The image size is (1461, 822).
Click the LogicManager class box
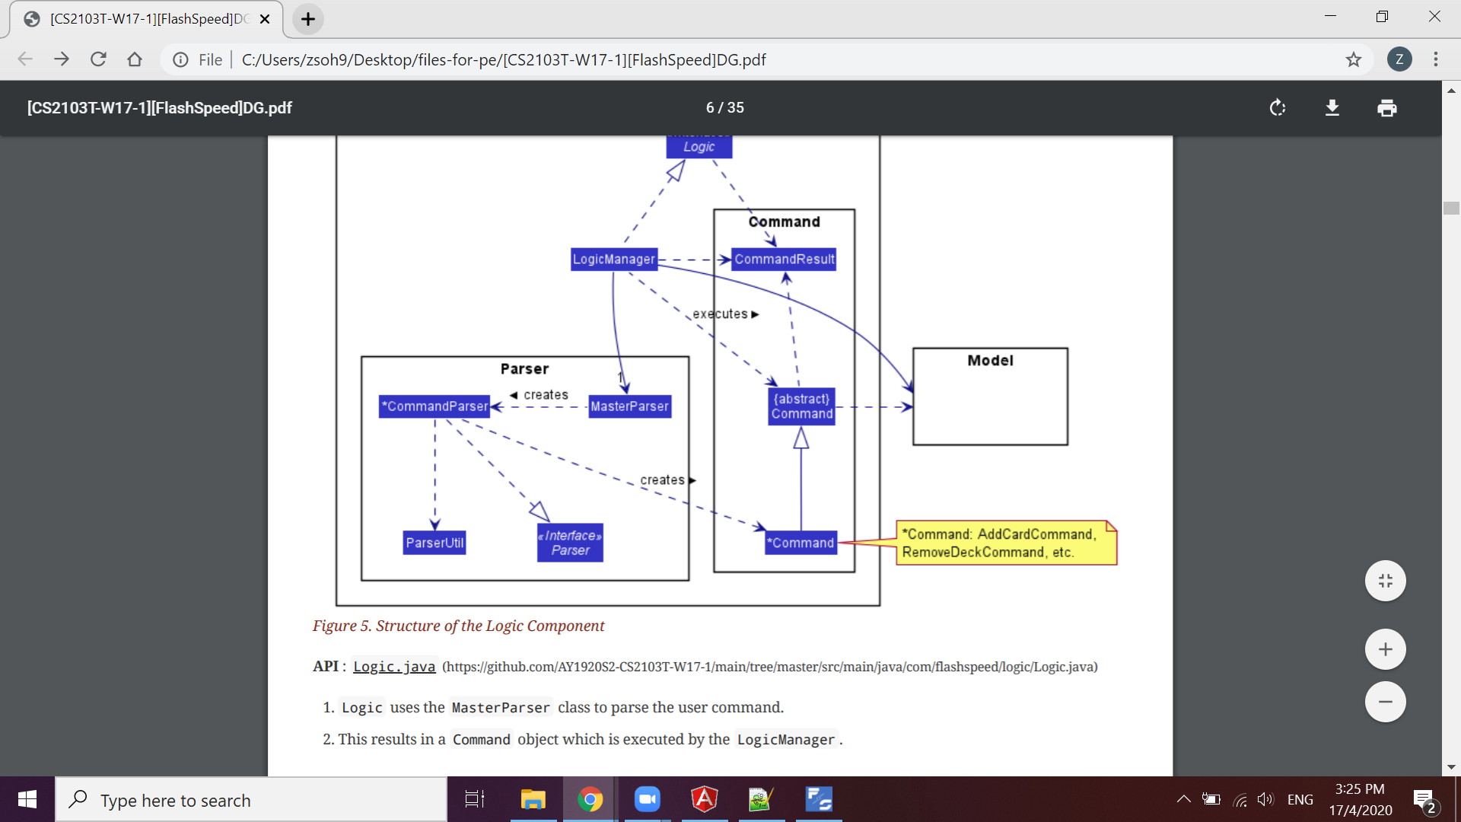(x=613, y=260)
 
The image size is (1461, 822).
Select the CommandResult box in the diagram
(x=784, y=260)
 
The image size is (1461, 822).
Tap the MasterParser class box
(x=629, y=406)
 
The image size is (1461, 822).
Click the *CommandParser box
(x=434, y=406)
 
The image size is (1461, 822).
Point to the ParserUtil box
(x=434, y=543)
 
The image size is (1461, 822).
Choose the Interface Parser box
(x=570, y=543)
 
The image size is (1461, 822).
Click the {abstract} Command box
(x=801, y=406)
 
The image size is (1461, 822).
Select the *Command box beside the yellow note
(x=801, y=543)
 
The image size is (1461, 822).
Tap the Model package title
(x=990, y=361)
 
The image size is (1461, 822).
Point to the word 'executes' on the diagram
(x=720, y=314)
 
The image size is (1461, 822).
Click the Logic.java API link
(x=394, y=667)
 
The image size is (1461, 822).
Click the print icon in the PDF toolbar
(x=1386, y=108)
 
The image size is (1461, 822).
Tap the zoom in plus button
(x=1385, y=649)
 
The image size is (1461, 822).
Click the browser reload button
(x=98, y=59)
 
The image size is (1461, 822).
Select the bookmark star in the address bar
(x=1353, y=59)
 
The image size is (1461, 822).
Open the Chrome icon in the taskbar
(x=590, y=800)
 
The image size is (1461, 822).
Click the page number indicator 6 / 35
(x=724, y=108)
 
